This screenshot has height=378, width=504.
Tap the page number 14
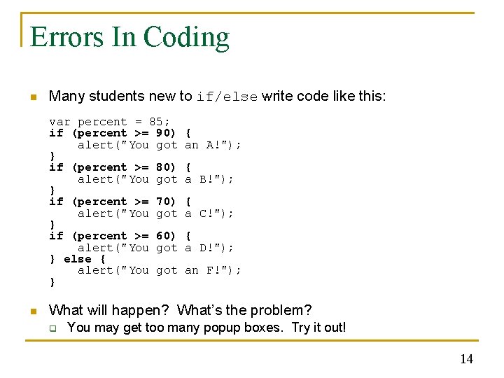[x=466, y=359]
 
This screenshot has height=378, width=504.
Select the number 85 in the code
[x=156, y=122]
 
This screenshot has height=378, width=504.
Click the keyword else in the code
[x=78, y=259]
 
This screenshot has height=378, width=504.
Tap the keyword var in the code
[x=59, y=122]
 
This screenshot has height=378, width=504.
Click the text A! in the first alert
[x=213, y=145]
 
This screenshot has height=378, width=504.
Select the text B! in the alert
[x=206, y=179]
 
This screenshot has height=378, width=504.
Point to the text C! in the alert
[x=206, y=213]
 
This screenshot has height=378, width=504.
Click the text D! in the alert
[x=206, y=248]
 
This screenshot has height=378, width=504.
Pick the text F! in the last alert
[x=213, y=270]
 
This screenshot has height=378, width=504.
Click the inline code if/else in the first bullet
[x=227, y=97]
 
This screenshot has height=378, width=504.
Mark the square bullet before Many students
[x=32, y=97]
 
